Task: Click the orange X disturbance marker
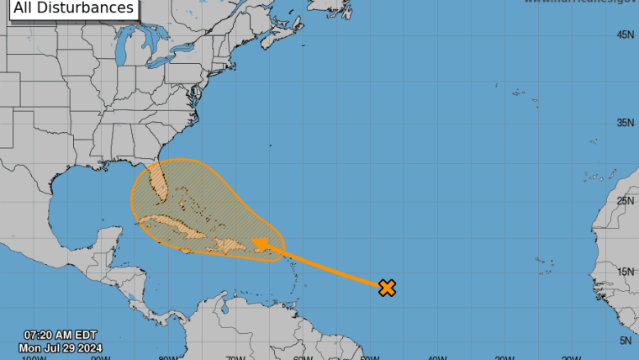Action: (x=387, y=288)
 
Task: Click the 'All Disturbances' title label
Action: (x=74, y=8)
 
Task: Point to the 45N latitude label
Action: (x=625, y=34)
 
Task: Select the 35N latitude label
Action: (x=625, y=123)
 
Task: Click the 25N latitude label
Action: (x=625, y=201)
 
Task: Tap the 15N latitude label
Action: (x=625, y=273)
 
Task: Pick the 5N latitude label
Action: (x=626, y=341)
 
